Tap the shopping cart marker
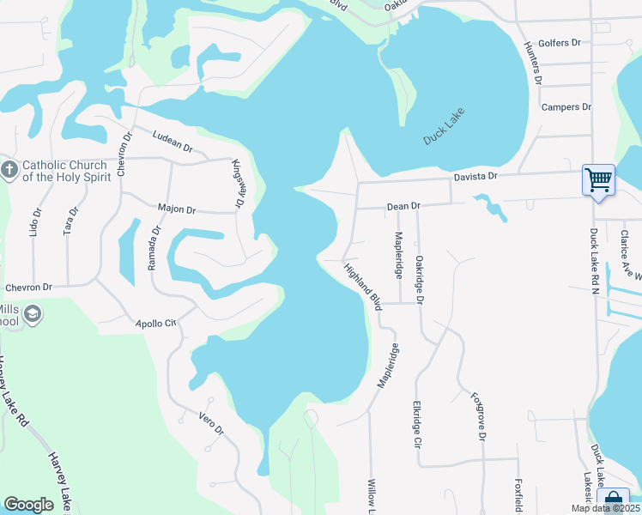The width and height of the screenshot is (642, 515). (x=598, y=180)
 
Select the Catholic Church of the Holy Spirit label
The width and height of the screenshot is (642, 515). (x=64, y=171)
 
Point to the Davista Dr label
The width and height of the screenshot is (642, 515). (x=476, y=176)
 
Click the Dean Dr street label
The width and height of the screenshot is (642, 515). (x=403, y=206)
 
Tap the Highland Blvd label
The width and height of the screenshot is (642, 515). (x=363, y=286)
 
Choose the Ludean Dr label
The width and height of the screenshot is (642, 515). (x=172, y=142)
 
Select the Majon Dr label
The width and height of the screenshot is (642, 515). (x=177, y=209)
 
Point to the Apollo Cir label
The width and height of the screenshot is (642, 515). (x=155, y=324)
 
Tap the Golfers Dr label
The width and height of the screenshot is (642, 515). (x=559, y=43)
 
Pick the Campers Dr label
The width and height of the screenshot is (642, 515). (x=566, y=107)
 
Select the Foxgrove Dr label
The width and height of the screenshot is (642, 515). (x=478, y=416)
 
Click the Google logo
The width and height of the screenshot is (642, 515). (x=28, y=505)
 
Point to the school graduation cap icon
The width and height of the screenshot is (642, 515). (x=34, y=315)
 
